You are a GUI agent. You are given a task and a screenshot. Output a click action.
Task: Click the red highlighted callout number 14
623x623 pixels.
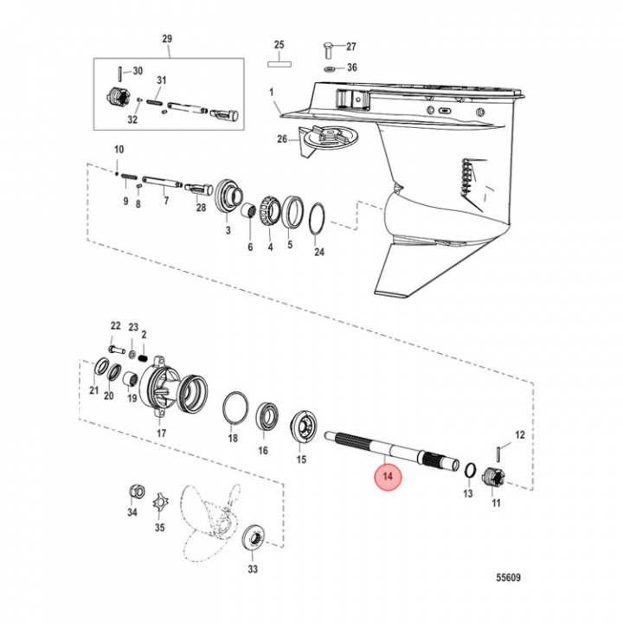tap(387, 477)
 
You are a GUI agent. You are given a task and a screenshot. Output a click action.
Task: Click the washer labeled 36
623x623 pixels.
tap(331, 67)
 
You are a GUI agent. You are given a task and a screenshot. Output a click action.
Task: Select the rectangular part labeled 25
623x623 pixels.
tap(279, 61)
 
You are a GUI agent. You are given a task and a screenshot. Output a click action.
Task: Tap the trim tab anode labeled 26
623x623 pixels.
tap(320, 135)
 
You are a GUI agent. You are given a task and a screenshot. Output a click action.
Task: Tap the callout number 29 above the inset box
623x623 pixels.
tap(167, 39)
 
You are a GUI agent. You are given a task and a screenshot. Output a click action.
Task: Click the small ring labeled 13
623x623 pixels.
tap(467, 469)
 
